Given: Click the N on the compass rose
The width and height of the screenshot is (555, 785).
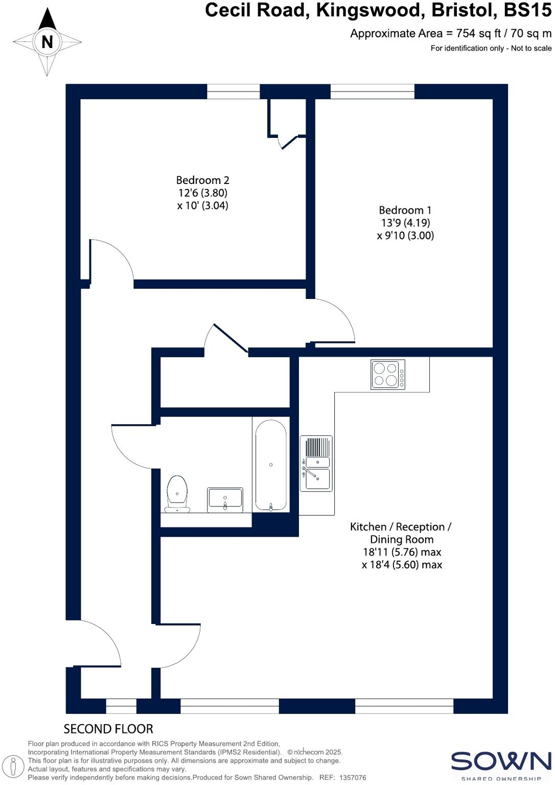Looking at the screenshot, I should click(47, 42).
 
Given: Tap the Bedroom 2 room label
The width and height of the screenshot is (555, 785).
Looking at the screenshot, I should click(202, 180).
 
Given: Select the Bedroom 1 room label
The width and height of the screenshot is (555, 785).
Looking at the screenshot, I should click(405, 210).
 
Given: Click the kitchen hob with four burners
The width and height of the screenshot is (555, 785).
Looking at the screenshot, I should click(388, 375).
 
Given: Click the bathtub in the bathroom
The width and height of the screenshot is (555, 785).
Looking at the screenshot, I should click(270, 465).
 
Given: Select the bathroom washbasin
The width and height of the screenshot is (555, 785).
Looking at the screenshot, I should click(225, 500).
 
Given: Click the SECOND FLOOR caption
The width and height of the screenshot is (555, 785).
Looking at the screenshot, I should click(108, 729).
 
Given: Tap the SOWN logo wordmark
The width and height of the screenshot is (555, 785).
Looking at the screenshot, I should click(501, 761).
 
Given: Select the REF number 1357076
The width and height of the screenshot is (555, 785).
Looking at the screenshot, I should click(350, 777).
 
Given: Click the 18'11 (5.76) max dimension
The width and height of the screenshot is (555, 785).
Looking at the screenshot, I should click(402, 552).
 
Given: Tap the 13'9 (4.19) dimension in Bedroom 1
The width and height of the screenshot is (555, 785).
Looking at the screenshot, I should click(405, 223).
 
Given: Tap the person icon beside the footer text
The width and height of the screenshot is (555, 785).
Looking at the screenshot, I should click(17, 765).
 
